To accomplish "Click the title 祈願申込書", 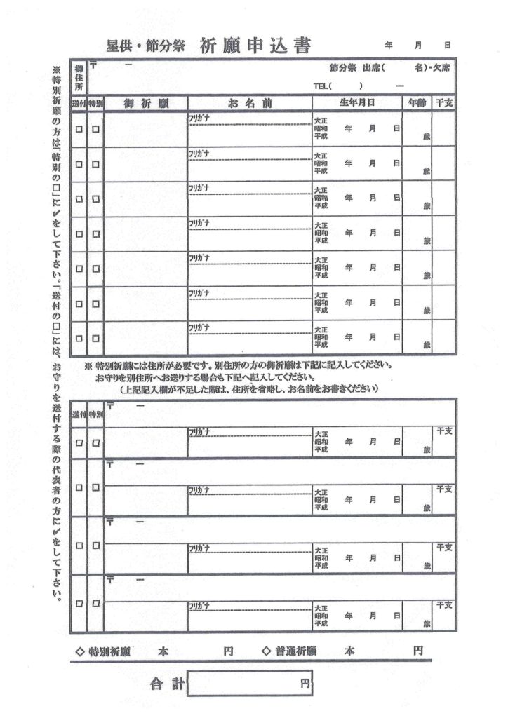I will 255,46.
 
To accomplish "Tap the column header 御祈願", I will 145,103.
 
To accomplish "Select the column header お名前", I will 249,103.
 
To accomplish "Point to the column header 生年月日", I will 356,103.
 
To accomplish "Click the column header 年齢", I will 417,103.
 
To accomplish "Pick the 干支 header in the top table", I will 443,103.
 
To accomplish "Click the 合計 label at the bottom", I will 166,684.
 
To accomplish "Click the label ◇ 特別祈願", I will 103,651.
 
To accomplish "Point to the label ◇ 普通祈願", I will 288,651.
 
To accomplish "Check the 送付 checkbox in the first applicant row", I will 79,129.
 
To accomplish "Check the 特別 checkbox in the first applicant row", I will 95,129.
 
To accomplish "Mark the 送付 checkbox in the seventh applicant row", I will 79,338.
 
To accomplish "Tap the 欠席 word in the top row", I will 441,68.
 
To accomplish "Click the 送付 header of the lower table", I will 79,415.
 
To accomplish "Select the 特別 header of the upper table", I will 95,103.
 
